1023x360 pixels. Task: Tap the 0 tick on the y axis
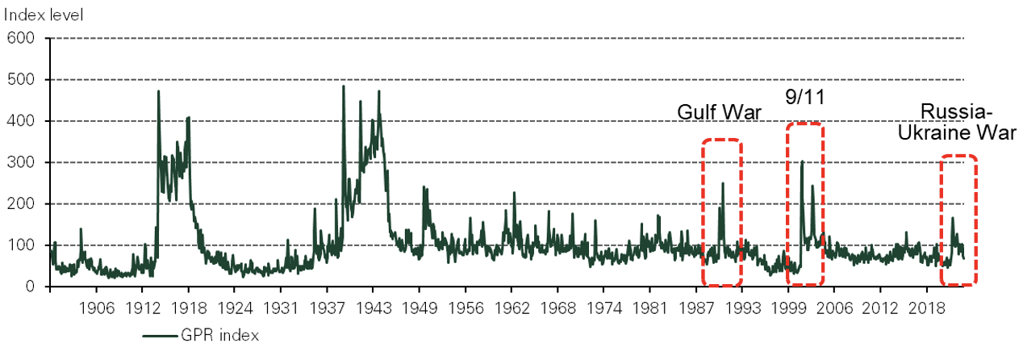(x=28, y=287)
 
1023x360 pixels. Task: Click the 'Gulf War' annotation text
(x=719, y=112)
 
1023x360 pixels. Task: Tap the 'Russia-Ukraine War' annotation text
(x=958, y=122)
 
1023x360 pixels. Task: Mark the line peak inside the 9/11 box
(x=802, y=161)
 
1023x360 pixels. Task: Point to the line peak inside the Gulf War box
(x=723, y=183)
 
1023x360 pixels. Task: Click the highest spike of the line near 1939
(x=344, y=86)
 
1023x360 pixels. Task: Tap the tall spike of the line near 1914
(x=158, y=91)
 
